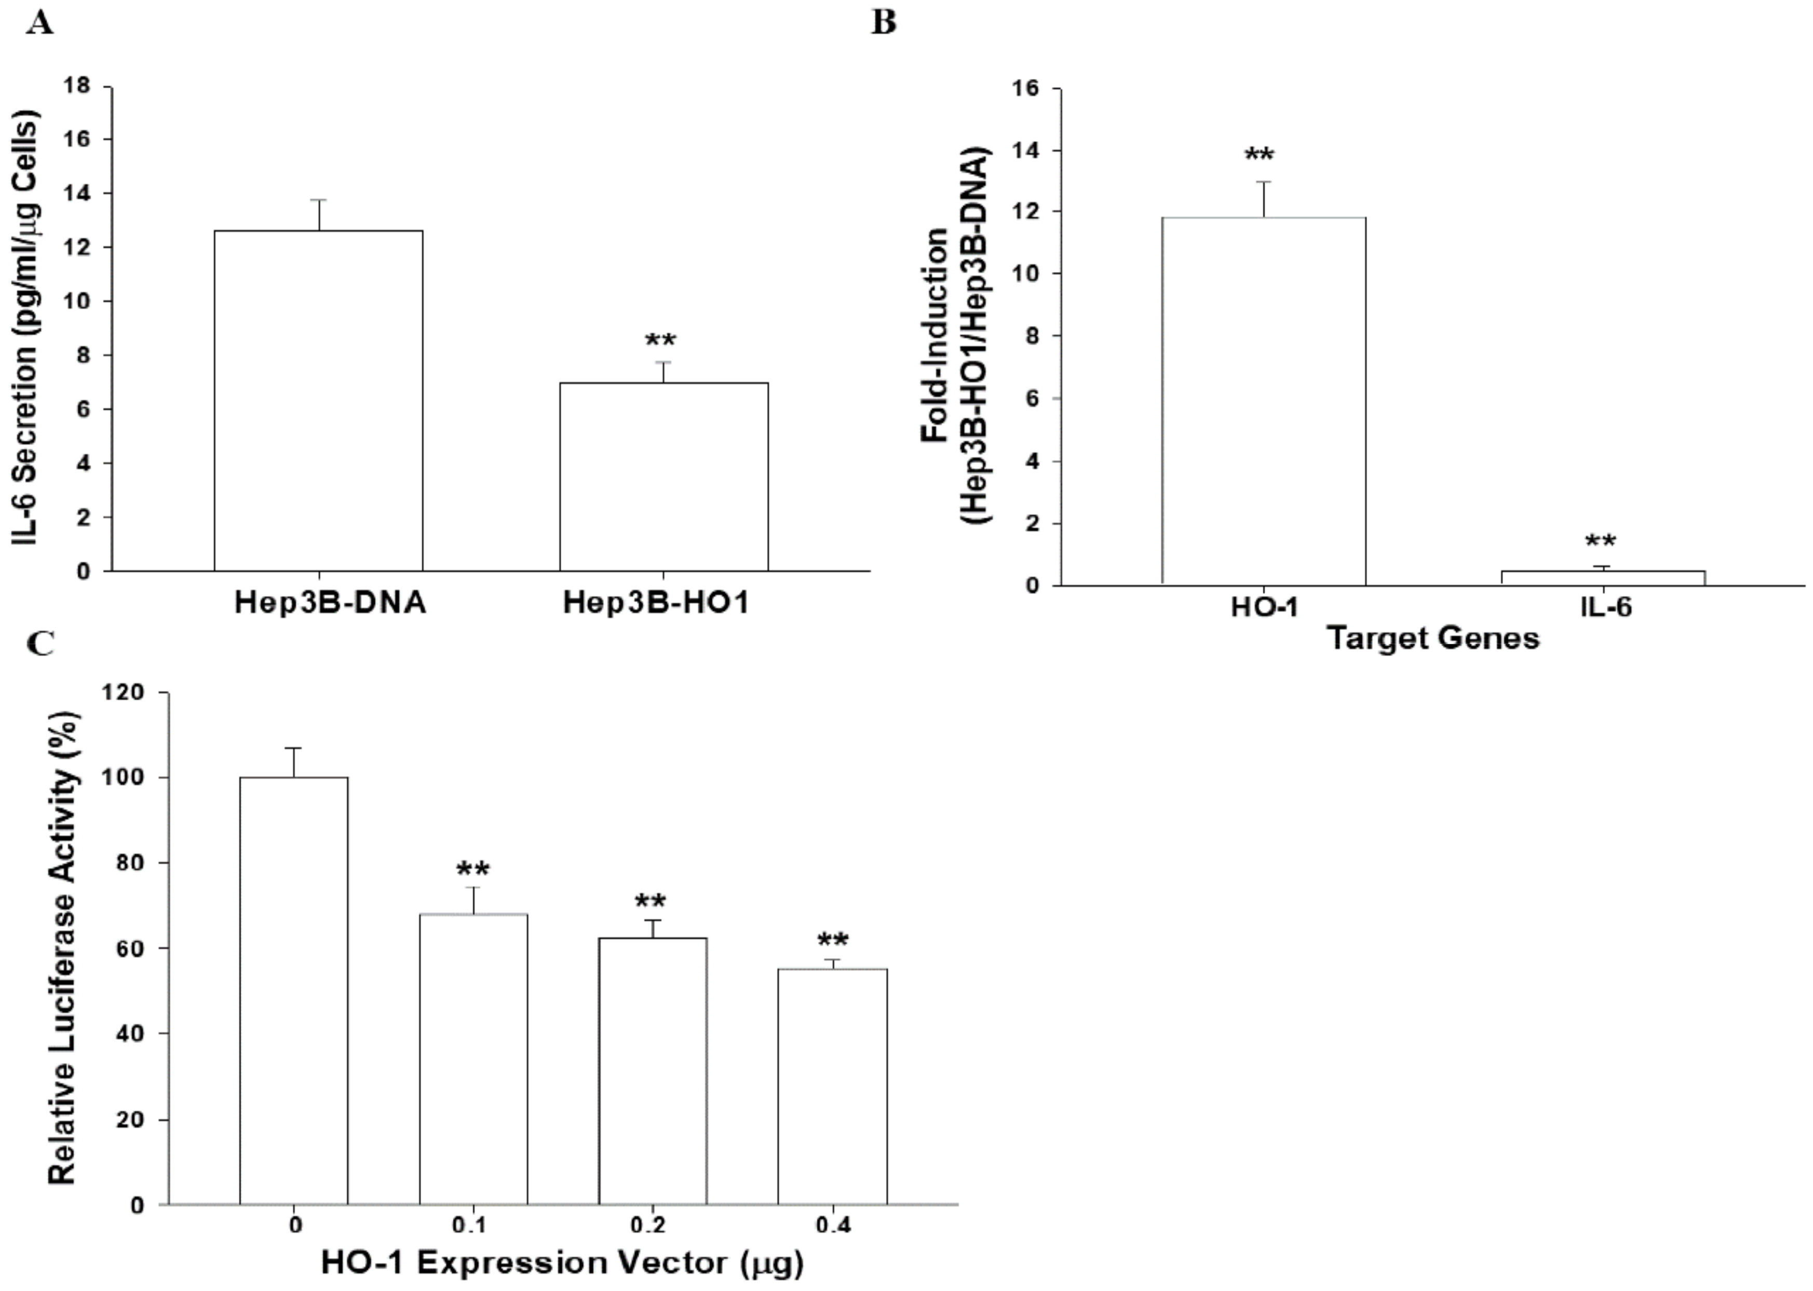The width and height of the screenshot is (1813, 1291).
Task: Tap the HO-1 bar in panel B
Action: coord(1264,401)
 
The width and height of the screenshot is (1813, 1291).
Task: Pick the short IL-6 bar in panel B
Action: coord(1602,577)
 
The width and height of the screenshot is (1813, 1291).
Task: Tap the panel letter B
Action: coord(884,22)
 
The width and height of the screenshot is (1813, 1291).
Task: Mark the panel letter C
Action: coord(40,642)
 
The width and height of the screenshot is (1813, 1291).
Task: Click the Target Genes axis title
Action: coord(1433,638)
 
